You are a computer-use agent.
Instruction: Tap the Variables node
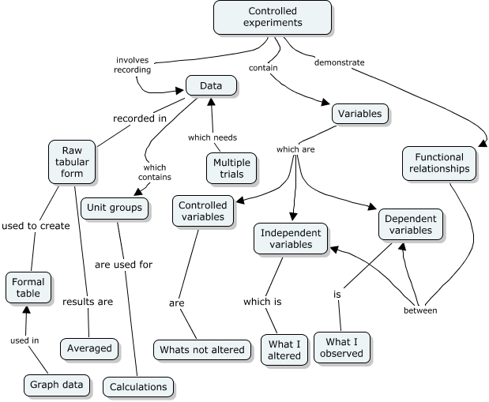pos(359,114)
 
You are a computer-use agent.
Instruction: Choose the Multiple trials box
pos(231,167)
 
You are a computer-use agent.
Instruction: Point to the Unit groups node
pos(115,209)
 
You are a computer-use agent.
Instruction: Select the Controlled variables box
pos(203,212)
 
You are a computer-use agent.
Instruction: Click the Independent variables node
pos(291,239)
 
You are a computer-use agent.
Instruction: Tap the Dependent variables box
pos(411,224)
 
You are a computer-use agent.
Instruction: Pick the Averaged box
pos(89,347)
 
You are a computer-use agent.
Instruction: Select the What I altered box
pos(284,350)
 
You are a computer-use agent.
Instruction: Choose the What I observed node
pos(342,348)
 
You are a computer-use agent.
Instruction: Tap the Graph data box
pos(55,385)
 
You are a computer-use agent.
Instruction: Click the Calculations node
pos(137,387)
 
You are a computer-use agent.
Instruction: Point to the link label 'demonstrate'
pos(338,62)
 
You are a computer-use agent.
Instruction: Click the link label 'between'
pos(420,310)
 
